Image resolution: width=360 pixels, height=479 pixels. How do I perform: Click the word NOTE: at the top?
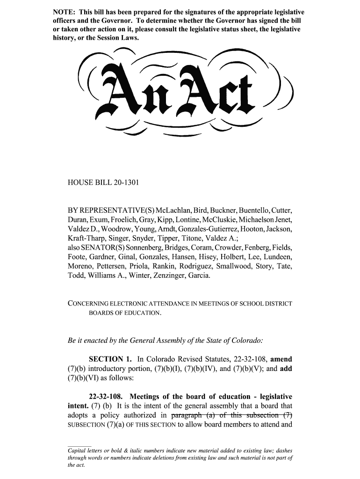click(x=64, y=11)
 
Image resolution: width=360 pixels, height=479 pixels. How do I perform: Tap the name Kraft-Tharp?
click(x=87, y=238)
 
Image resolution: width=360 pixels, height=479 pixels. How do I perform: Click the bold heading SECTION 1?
click(x=110, y=359)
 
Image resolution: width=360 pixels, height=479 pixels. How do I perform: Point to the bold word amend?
click(x=281, y=359)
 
